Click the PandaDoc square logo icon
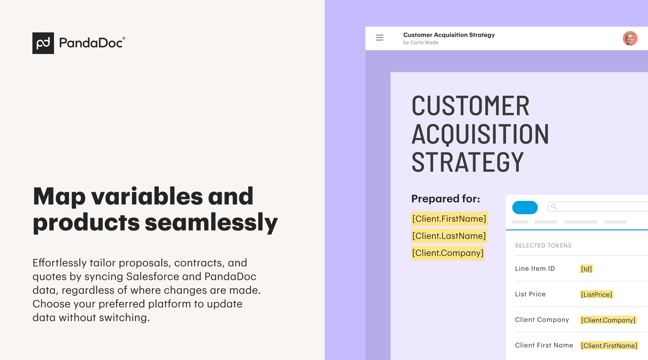[x=43, y=43]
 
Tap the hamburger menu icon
[x=379, y=37]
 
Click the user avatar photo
[x=630, y=38]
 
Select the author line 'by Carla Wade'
[x=421, y=42]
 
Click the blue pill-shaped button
[x=525, y=207]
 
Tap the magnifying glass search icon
[x=554, y=207]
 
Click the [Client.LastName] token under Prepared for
[x=449, y=236]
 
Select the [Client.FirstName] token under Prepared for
[x=450, y=219]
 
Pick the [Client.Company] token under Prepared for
[x=448, y=253]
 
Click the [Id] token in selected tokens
[x=586, y=269]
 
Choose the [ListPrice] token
[x=597, y=294]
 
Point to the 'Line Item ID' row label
[x=535, y=269]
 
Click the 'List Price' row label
[x=530, y=294]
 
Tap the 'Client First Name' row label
[x=544, y=345]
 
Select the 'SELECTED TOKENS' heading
[x=543, y=246]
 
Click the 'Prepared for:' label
[x=446, y=199]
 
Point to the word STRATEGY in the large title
[x=467, y=162]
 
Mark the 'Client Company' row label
[x=542, y=320]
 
